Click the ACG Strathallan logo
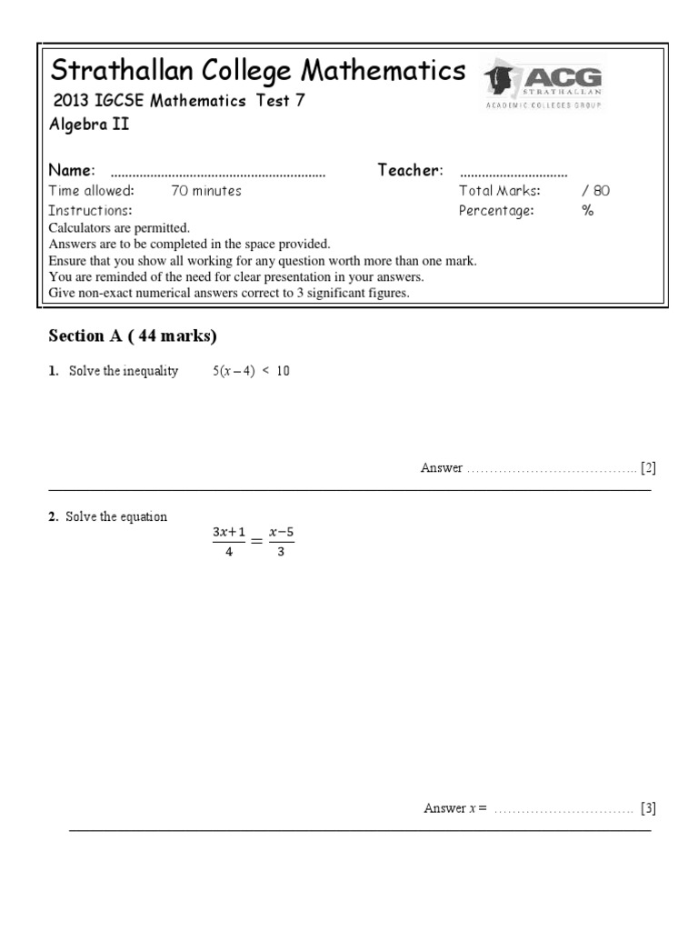543,84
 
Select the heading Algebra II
89,125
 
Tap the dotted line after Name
217,172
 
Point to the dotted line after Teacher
514,172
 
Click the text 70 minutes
206,191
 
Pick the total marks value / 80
596,191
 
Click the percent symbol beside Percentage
588,211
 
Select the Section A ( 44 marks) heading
133,336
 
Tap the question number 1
53,372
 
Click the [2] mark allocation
647,468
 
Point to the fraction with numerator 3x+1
229,542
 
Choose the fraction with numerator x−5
280,542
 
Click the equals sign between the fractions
255,542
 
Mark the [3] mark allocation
647,808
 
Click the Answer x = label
455,808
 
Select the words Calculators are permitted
119,228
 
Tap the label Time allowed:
91,191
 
